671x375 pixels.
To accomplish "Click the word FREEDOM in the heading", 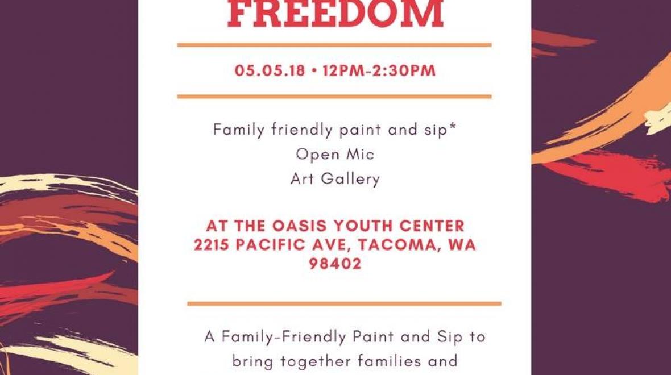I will [335, 14].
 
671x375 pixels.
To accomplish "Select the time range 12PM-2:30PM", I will [379, 71].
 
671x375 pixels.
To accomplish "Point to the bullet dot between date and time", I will [314, 72].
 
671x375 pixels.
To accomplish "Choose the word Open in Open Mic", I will [315, 155].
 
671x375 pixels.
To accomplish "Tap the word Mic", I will [360, 154].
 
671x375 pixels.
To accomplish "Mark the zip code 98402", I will [335, 264].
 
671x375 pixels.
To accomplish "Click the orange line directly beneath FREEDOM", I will [334, 44].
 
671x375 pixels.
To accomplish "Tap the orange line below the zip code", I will [344, 303].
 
